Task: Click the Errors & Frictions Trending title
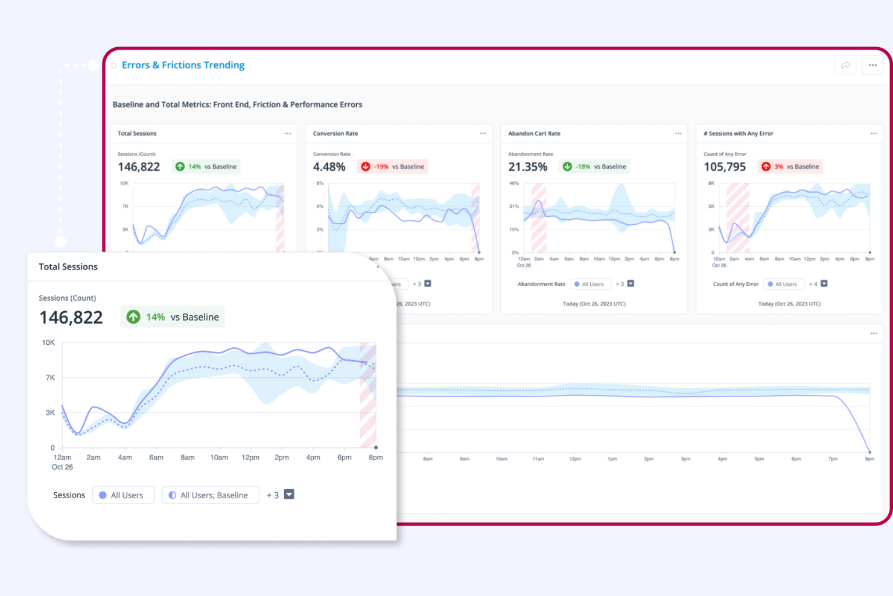pyautogui.click(x=183, y=65)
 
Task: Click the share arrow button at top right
pyautogui.click(x=845, y=65)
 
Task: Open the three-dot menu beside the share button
pyautogui.click(x=872, y=65)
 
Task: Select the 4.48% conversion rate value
pyautogui.click(x=329, y=167)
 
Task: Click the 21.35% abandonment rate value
pyautogui.click(x=527, y=167)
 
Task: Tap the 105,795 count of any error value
pyautogui.click(x=725, y=167)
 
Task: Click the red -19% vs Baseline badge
pyautogui.click(x=393, y=167)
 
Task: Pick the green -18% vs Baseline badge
pyautogui.click(x=595, y=167)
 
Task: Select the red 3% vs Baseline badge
pyautogui.click(x=790, y=167)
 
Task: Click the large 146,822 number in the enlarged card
pyautogui.click(x=71, y=318)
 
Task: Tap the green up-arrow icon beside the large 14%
pyautogui.click(x=133, y=317)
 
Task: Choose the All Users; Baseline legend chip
pyautogui.click(x=210, y=495)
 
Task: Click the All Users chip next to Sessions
pyautogui.click(x=123, y=495)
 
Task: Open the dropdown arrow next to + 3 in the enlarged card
pyautogui.click(x=289, y=495)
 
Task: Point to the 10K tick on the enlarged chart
pyautogui.click(x=48, y=342)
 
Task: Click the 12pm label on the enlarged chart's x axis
pyautogui.click(x=250, y=458)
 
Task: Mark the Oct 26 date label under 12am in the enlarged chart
pyautogui.click(x=62, y=467)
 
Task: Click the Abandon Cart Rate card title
pyautogui.click(x=534, y=133)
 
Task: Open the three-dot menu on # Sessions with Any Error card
pyautogui.click(x=873, y=133)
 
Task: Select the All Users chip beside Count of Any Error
pyautogui.click(x=783, y=284)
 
